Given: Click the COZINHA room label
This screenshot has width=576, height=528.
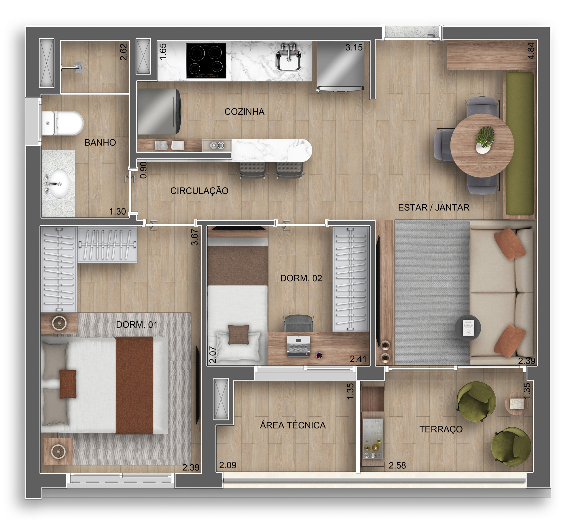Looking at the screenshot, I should pyautogui.click(x=244, y=112).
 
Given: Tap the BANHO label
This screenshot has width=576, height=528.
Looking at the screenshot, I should pyautogui.click(x=100, y=142).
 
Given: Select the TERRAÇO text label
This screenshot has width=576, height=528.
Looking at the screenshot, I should pyautogui.click(x=441, y=429).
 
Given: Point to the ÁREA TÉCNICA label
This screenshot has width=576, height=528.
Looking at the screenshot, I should pyautogui.click(x=293, y=425).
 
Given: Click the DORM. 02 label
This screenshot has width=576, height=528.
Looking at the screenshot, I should pyautogui.click(x=301, y=278).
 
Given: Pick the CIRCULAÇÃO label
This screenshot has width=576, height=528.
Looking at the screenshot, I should pyautogui.click(x=199, y=191).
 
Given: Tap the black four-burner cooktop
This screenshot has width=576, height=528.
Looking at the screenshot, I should pyautogui.click(x=206, y=61).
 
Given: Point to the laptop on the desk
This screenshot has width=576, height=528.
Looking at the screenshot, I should pyautogui.click(x=298, y=346).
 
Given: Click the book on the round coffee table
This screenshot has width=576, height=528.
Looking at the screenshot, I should pyautogui.click(x=468, y=328).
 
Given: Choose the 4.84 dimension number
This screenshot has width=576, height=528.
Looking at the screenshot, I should pyautogui.click(x=531, y=51).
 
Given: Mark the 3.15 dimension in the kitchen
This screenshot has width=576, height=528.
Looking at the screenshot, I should pyautogui.click(x=354, y=48).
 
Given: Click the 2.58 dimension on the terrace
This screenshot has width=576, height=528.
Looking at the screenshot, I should pyautogui.click(x=397, y=465).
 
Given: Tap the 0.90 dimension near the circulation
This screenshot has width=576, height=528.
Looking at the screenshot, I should pyautogui.click(x=143, y=170).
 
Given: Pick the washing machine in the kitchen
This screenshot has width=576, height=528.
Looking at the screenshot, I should pyautogui.click(x=159, y=112).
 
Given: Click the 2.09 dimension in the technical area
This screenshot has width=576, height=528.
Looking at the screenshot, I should pyautogui.click(x=228, y=465).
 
